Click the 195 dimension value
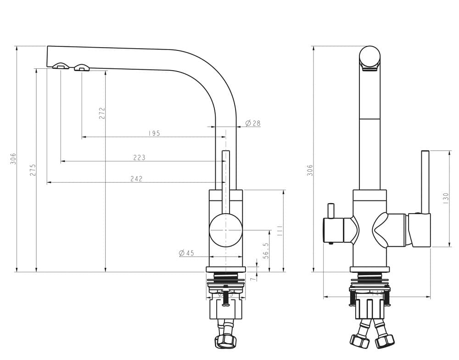[154, 133]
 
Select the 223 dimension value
[139, 158]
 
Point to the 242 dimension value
[136, 179]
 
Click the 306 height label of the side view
[13, 159]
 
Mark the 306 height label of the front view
[310, 170]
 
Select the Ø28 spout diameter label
[252, 123]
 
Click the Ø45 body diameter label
[186, 253]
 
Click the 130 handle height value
[445, 198]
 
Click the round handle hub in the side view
[225, 229]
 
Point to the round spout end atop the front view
[369, 57]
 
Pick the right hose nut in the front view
[385, 341]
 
